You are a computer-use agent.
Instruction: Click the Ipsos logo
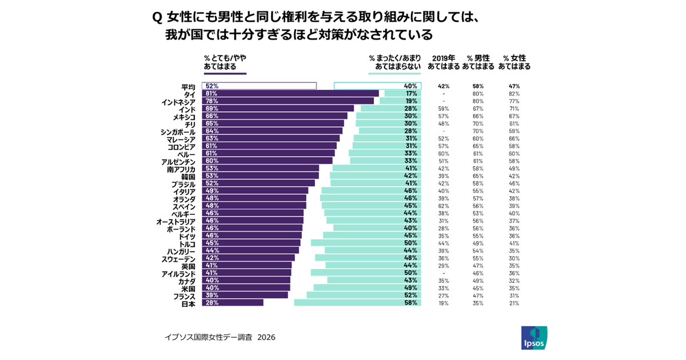coord(534,338)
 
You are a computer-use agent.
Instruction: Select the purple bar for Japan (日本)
coord(233,303)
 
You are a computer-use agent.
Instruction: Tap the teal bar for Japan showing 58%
coord(357,303)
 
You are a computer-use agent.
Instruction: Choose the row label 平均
coord(188,86)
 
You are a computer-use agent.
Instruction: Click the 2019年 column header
coord(444,62)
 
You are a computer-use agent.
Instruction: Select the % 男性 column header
coord(478,62)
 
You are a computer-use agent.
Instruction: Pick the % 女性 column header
coord(514,62)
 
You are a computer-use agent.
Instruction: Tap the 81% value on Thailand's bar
coord(211,94)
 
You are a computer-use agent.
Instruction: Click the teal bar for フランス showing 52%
coord(364,295)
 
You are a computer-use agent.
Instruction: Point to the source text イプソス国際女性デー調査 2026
coord(220,338)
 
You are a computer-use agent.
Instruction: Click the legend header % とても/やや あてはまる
coord(225,62)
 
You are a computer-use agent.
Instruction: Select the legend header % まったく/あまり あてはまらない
coord(395,62)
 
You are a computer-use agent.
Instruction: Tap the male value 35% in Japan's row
coord(478,303)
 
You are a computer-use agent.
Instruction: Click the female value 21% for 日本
coord(514,303)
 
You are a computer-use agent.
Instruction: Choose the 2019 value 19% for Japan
coord(444,303)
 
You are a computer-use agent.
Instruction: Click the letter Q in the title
coord(157,17)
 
